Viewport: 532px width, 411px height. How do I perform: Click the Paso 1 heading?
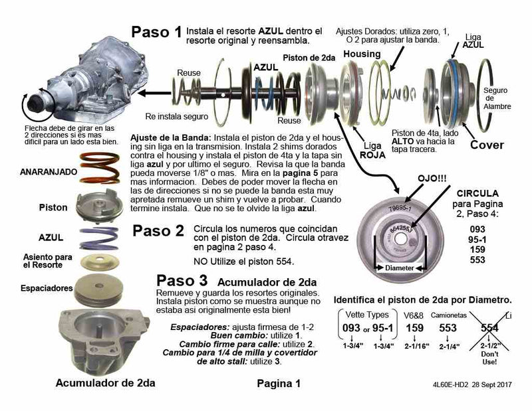(156, 33)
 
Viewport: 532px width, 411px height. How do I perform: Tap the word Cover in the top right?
(487, 145)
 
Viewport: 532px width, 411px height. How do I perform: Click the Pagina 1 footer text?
(279, 383)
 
